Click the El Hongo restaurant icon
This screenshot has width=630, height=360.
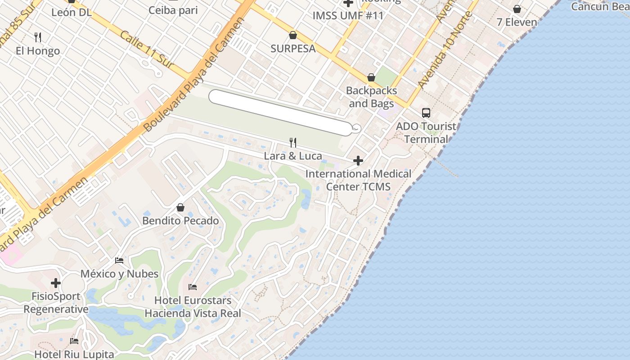38,37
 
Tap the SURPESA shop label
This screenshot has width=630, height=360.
293,49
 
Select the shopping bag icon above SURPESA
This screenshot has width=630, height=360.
293,35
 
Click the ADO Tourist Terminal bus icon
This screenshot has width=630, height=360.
426,113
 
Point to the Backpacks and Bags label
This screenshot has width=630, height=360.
371,97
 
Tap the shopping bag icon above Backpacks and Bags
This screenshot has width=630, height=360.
371,77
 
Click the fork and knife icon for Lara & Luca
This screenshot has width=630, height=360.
293,143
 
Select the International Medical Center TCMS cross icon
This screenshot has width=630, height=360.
358,161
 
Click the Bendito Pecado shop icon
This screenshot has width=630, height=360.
180,207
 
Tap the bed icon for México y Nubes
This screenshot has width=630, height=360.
119,261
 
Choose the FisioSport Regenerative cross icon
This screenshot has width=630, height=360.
56,283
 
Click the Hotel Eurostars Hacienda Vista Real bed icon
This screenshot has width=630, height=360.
193,287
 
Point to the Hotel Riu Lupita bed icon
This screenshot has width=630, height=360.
74,341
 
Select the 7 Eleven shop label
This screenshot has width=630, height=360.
517,22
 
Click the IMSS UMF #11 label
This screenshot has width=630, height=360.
348,16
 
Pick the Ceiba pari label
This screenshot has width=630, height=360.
173,10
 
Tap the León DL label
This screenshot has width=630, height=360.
71,12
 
